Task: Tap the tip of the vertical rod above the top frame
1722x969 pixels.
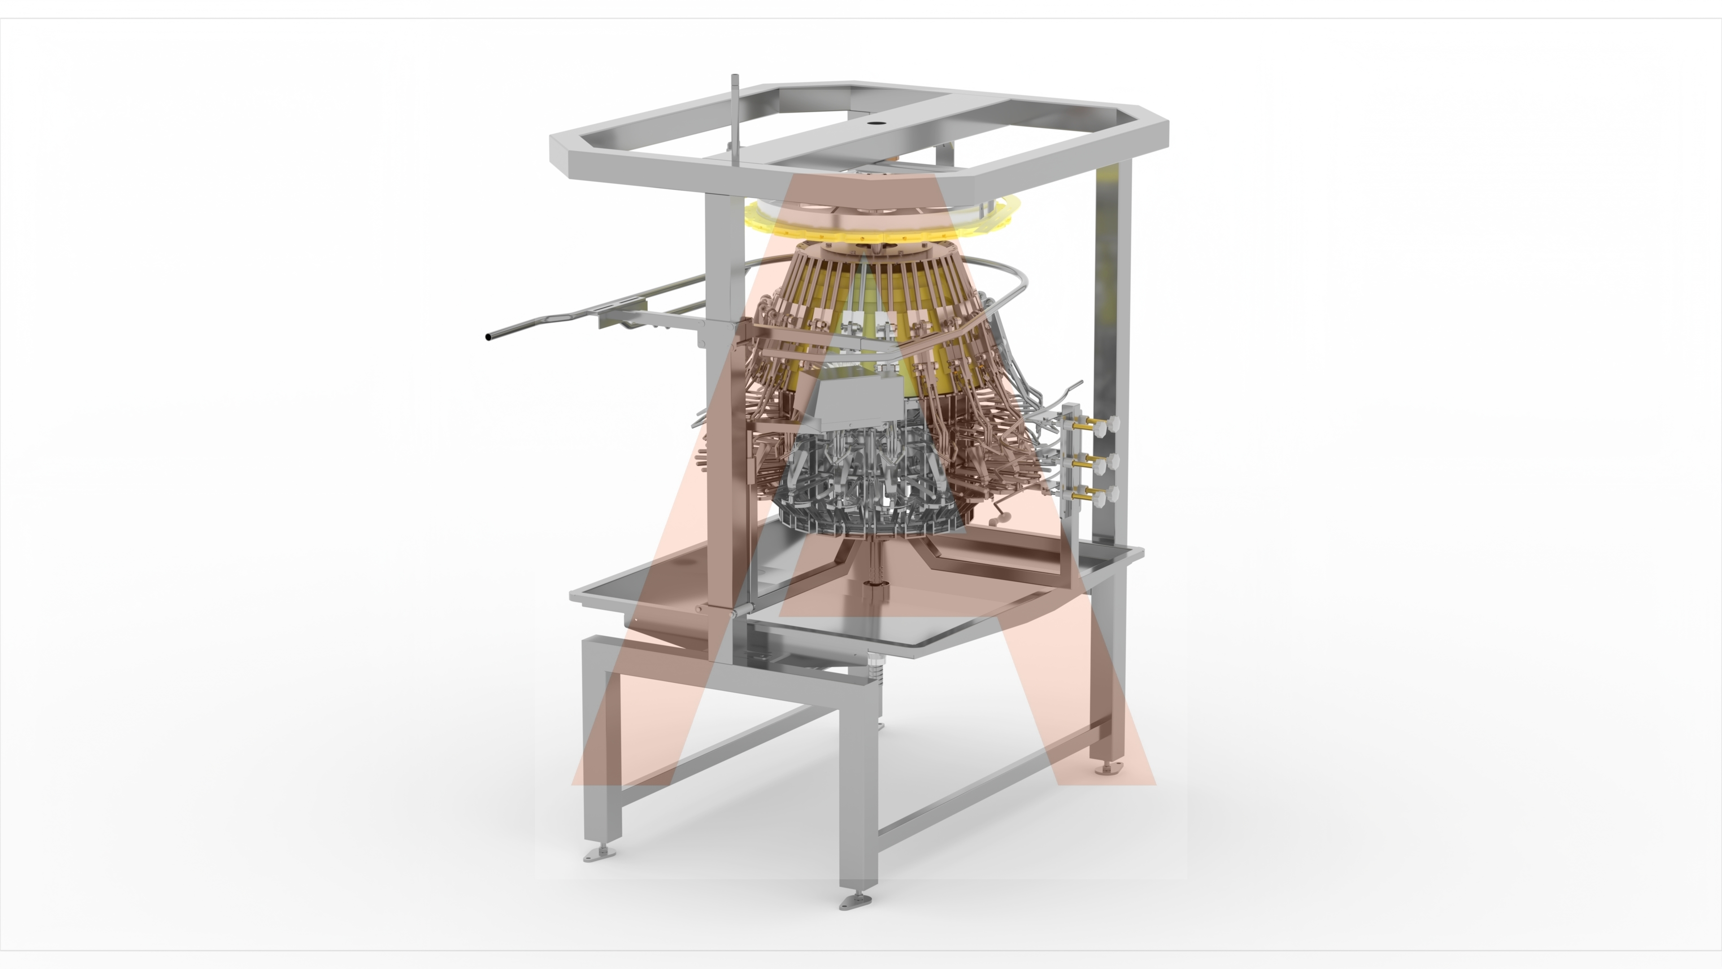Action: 735,75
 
